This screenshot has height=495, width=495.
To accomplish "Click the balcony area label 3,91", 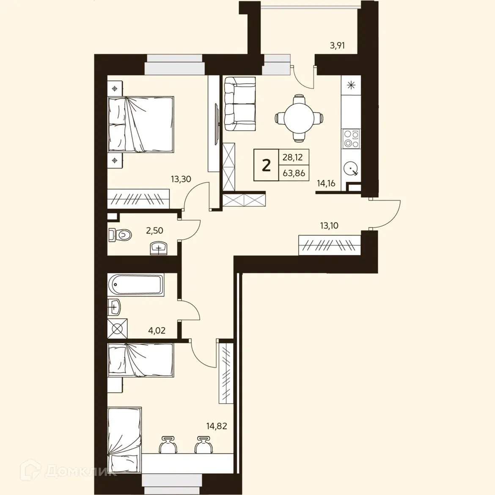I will click(x=337, y=45).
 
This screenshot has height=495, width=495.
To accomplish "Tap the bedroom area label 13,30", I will click(x=181, y=179).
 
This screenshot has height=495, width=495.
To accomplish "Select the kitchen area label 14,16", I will click(x=326, y=183).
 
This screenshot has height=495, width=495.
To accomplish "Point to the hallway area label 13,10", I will click(x=329, y=225).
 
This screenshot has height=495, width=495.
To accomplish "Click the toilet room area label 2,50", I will click(x=154, y=231).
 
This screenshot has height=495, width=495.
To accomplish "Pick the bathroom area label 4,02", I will click(x=157, y=330).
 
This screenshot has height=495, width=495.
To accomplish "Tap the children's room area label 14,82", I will click(x=217, y=426).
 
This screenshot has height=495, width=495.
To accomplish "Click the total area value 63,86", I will click(x=294, y=173).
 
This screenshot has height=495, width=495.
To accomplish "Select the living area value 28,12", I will click(x=293, y=157).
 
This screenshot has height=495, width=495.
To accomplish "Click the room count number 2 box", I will click(x=266, y=165).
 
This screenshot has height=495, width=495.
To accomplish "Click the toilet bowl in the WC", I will click(x=121, y=234).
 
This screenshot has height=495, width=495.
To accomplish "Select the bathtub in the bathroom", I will click(x=135, y=285).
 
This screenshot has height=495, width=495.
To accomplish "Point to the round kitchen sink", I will click(x=351, y=169).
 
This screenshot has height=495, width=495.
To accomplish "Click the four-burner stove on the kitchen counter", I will click(x=351, y=139).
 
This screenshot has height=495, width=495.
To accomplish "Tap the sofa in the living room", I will click(x=239, y=104).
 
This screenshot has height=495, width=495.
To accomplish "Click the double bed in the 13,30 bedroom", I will click(x=141, y=124).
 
